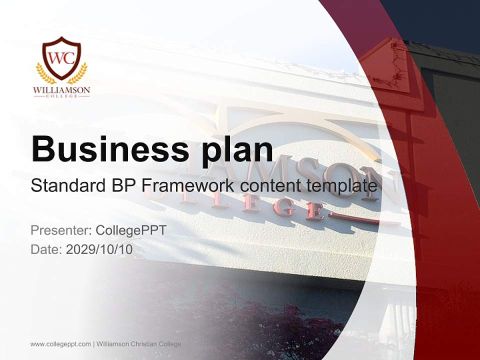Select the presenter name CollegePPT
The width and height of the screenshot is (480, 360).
pos(131,230)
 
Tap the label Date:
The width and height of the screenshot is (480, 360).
pos(46,249)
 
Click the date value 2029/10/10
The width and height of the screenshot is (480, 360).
pos(99,249)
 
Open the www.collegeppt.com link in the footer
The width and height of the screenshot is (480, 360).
pos(60,344)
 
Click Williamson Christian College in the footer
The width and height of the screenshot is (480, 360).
pos(139,344)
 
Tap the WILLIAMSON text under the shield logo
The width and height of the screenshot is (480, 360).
pos(61,90)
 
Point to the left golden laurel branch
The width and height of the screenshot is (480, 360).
pos(45,73)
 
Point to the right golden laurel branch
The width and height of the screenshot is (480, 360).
pos(78,73)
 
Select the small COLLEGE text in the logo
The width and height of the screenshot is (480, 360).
pos(61,96)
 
